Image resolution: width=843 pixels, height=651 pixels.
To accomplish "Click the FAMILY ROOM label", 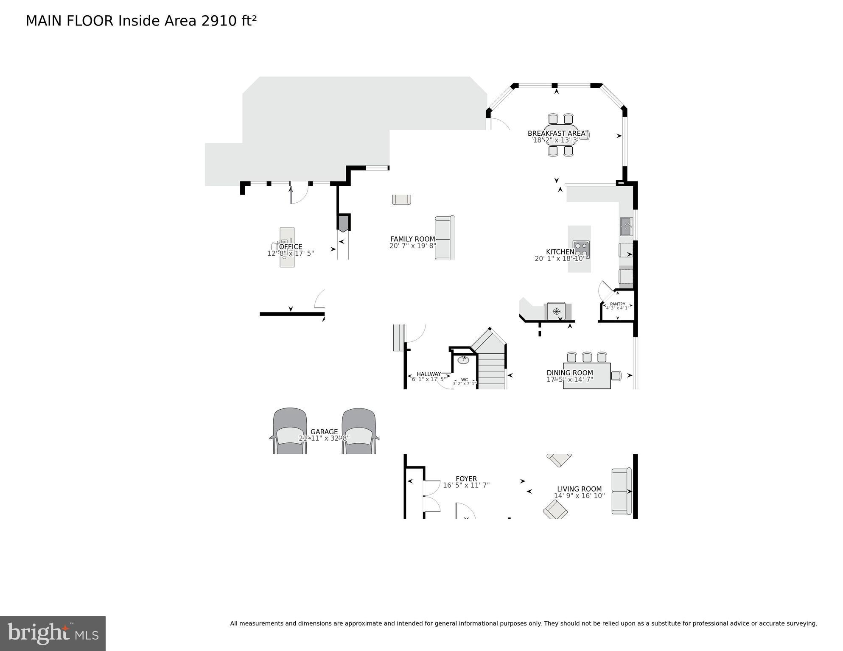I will point(412,239).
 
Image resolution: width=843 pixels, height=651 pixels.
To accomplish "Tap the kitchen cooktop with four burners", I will point(581,249).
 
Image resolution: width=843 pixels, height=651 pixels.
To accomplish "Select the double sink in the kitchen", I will point(626,226).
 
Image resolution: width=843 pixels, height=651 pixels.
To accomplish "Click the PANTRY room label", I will point(617,304).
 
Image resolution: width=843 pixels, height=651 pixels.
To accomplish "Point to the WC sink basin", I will point(463,360).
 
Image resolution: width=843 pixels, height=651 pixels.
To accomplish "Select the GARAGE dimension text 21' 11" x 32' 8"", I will point(324,439).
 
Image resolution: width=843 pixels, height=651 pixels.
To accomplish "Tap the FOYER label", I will point(466,479).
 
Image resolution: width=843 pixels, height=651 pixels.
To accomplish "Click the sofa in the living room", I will point(621,491).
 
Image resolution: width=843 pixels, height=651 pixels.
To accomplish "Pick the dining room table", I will point(587,376).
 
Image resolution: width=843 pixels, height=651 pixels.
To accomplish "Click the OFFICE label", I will point(291,247).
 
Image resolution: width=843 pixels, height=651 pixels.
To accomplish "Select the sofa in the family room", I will point(444,237).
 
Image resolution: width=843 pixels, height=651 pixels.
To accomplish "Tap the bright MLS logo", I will point(53,634).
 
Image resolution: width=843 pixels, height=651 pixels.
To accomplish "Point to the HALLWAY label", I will point(429,374).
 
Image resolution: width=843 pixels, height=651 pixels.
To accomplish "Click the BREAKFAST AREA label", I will point(556,134).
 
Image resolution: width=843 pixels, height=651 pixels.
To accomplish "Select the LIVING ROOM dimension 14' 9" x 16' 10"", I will point(579,496).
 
